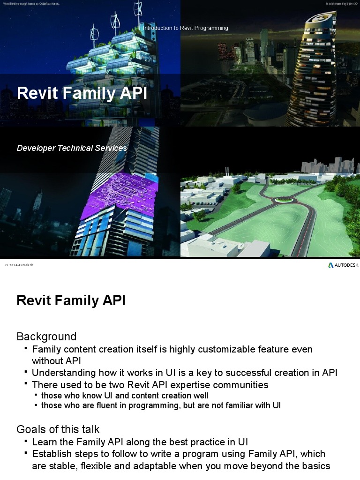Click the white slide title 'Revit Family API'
[82, 93]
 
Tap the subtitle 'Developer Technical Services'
[72, 148]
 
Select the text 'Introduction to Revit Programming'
[186, 28]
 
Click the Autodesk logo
[343, 265]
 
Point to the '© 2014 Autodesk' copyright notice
[19, 265]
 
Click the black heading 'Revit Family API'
[71, 300]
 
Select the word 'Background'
[46, 337]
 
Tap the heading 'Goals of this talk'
[58, 429]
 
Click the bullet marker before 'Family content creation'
[26, 349]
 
